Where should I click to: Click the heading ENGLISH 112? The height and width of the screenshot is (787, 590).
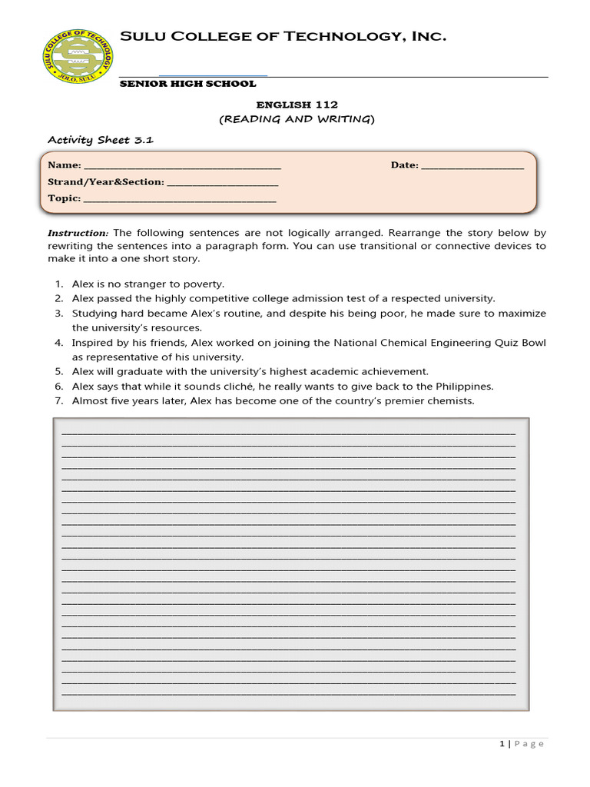[296, 105]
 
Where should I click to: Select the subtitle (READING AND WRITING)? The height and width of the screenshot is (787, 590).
[296, 119]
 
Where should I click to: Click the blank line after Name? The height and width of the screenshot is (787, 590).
[181, 166]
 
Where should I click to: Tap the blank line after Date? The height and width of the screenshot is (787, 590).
[472, 166]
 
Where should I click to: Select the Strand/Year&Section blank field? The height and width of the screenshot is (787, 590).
[222, 183]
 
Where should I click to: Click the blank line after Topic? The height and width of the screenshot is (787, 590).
[179, 199]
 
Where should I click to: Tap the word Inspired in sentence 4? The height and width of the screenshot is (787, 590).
[91, 343]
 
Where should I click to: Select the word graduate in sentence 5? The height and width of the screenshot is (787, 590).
[144, 372]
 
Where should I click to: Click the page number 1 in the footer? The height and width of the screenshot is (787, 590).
[502, 744]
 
